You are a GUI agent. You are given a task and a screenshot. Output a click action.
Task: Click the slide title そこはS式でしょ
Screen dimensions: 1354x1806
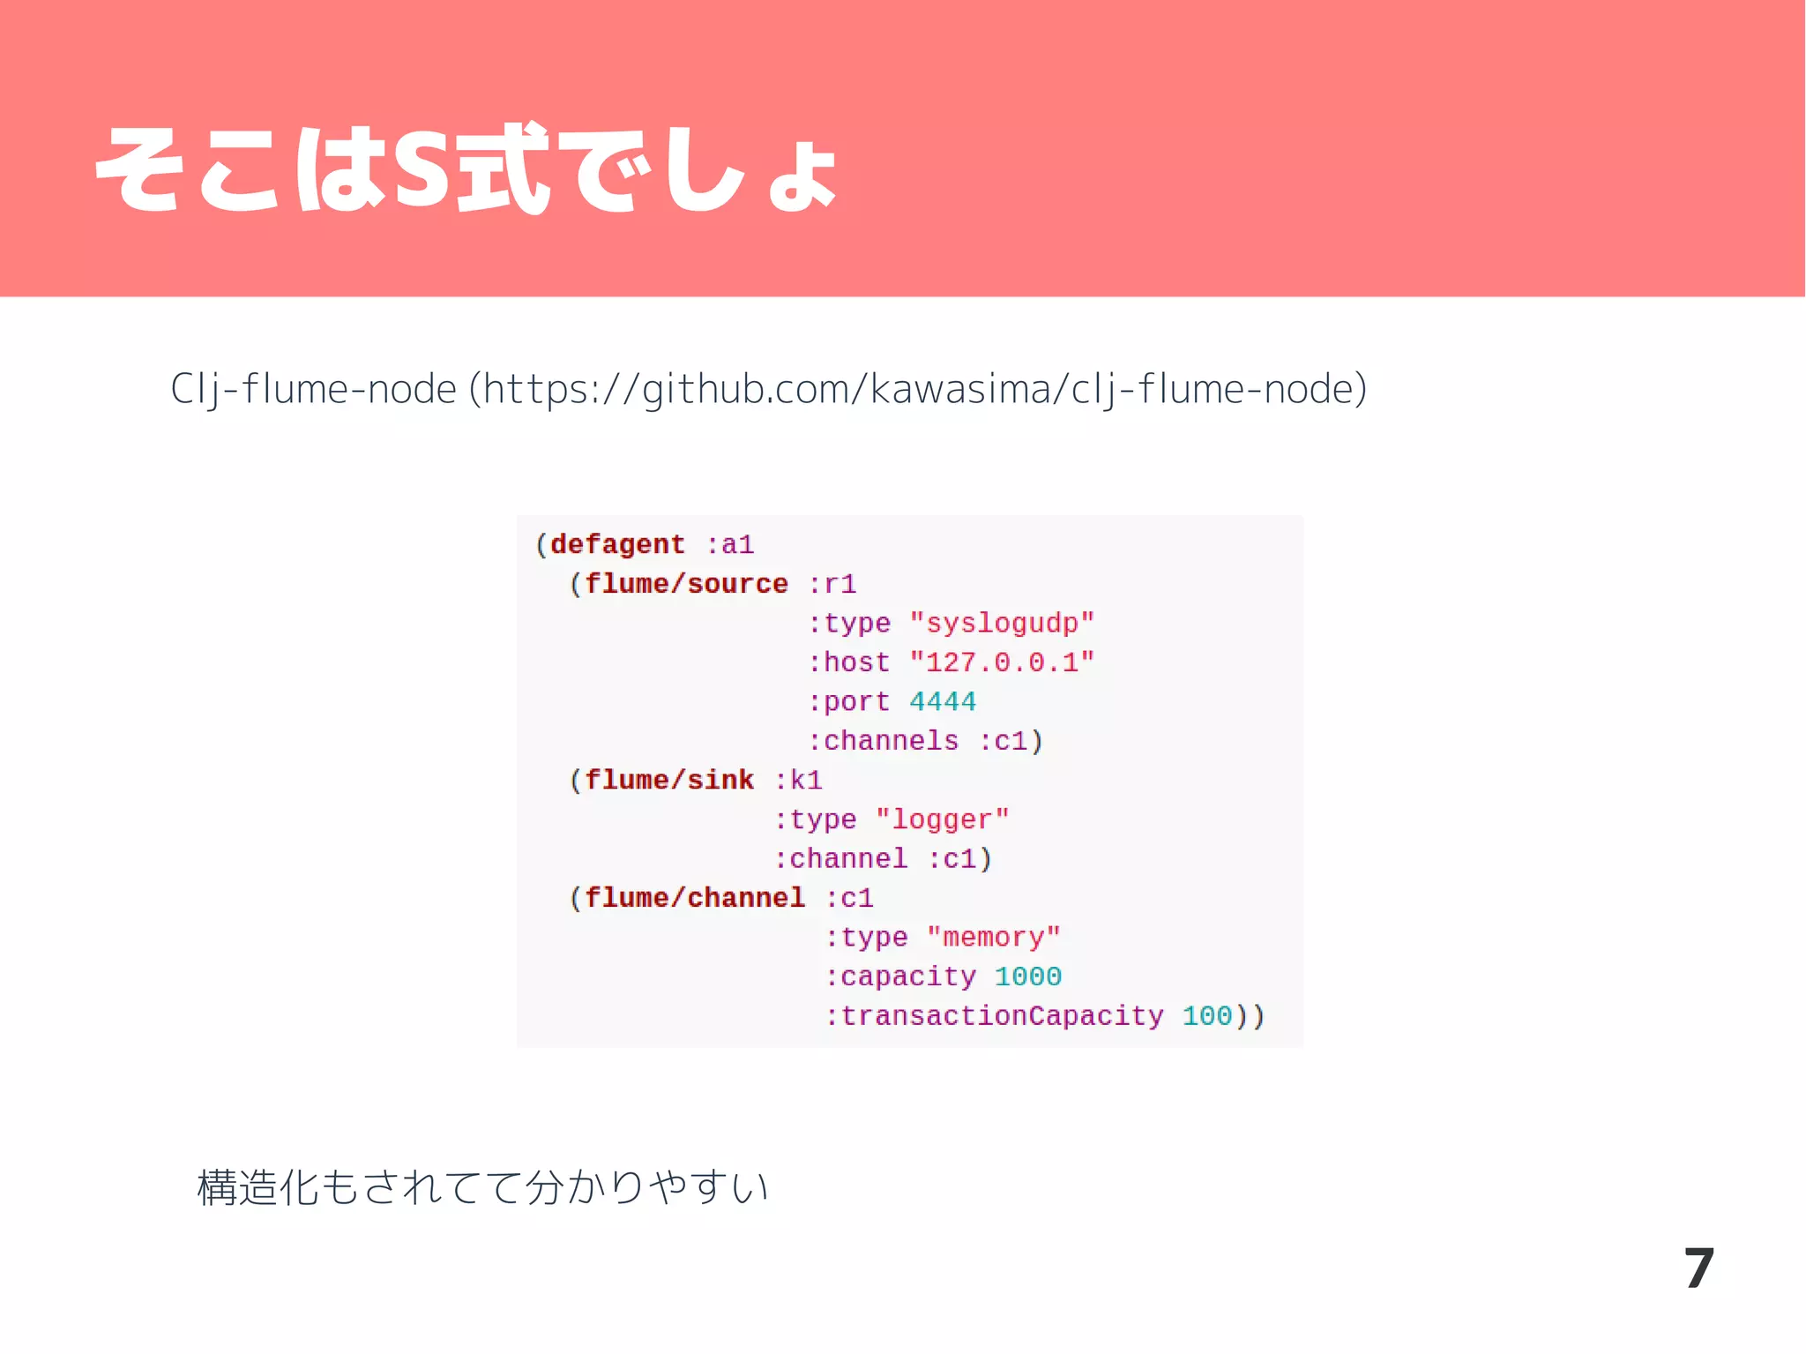466,169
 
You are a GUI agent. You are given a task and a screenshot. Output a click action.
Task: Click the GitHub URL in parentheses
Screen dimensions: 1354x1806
918,389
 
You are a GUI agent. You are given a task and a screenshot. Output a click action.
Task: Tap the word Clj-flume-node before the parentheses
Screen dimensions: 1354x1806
313,389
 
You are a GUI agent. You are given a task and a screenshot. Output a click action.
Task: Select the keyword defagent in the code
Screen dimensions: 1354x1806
617,545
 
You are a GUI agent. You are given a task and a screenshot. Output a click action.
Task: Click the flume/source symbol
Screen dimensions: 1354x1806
686,584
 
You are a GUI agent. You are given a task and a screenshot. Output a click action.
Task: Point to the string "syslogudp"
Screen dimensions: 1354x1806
1002,624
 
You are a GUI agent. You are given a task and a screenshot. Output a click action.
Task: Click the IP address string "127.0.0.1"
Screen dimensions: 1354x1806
1002,662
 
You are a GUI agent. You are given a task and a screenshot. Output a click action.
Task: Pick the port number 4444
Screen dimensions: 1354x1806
943,702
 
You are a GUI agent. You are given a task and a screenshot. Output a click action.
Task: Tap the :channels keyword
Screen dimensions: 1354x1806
884,741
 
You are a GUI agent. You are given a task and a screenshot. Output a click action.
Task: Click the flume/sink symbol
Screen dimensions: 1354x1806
669,781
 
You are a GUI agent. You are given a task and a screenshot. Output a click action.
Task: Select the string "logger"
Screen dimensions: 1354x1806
942,820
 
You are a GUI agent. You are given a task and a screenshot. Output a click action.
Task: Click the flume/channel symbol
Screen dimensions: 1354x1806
695,898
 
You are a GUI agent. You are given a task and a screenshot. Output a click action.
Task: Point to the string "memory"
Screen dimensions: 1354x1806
993,938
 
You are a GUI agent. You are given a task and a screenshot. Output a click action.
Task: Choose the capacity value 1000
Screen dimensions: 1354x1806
1028,976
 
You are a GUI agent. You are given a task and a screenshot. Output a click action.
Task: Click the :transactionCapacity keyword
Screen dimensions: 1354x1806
994,1016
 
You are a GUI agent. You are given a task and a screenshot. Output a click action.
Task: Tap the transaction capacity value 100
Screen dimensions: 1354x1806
1206,1016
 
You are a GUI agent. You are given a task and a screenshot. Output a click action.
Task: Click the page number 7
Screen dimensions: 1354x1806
1698,1269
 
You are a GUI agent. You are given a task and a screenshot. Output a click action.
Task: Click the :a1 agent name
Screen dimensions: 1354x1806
730,545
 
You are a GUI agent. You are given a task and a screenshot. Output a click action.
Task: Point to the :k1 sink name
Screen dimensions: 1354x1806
799,781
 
